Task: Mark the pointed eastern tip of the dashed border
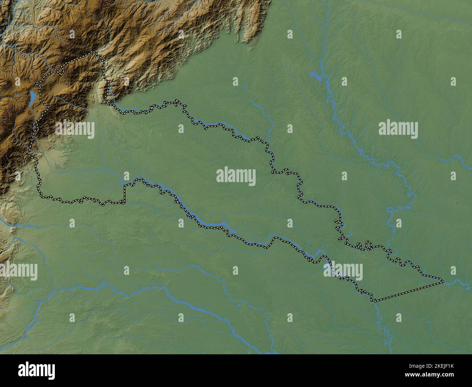pyautogui.click(x=443, y=281)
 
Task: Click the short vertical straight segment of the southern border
pyautogui.click(x=124, y=194)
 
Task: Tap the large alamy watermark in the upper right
pyautogui.click(x=398, y=129)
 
